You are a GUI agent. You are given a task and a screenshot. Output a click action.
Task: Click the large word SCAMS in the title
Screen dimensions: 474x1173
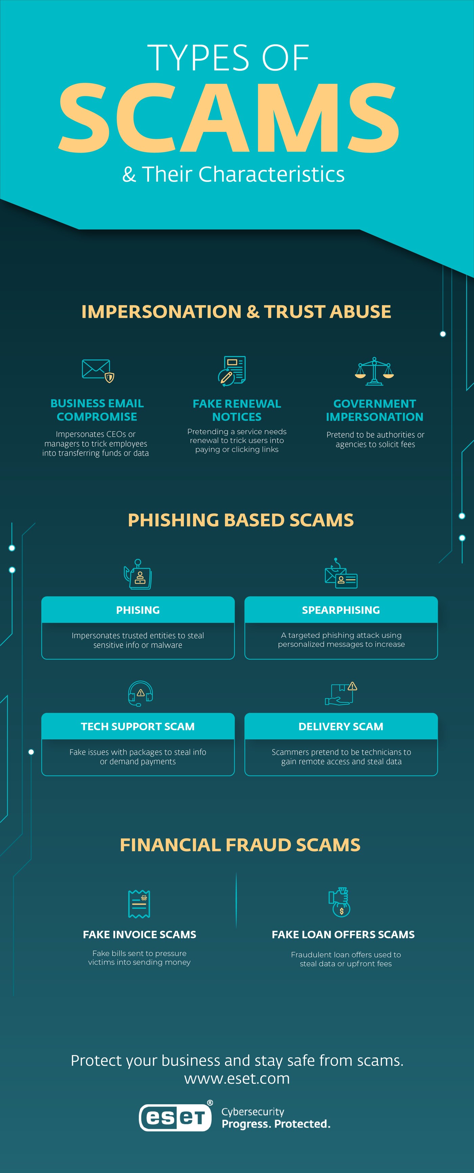pyautogui.click(x=229, y=118)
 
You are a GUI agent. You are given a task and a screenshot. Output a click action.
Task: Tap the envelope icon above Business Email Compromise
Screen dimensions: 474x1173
pyautogui.click(x=98, y=370)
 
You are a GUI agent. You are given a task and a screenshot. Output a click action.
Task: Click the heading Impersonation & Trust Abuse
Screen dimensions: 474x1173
pyautogui.click(x=236, y=312)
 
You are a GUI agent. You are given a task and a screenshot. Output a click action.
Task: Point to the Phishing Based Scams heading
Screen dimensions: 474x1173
pyautogui.click(x=241, y=520)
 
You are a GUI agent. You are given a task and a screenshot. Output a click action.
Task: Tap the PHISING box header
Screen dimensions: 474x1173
pyautogui.click(x=138, y=610)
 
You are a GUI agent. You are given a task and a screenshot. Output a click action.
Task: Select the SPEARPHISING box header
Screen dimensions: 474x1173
pyautogui.click(x=341, y=610)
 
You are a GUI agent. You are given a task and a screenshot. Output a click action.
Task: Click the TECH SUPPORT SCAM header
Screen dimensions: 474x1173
pyautogui.click(x=138, y=726)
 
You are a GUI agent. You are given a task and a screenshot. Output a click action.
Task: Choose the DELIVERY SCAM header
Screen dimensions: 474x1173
pyautogui.click(x=341, y=726)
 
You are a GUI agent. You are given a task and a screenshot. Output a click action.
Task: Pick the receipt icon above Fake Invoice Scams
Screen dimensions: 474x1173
pyautogui.click(x=139, y=904)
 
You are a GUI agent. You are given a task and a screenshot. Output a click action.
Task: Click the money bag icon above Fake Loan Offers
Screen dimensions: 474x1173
pyautogui.click(x=340, y=902)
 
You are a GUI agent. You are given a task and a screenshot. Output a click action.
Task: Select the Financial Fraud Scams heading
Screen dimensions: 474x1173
pyautogui.click(x=240, y=845)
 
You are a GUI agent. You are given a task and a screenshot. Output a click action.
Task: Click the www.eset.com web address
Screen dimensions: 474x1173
pyautogui.click(x=237, y=1078)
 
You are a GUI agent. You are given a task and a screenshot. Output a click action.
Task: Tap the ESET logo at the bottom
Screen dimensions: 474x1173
pyautogui.click(x=175, y=1118)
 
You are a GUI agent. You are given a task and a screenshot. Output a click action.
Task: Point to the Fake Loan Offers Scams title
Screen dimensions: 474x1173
pyautogui.click(x=343, y=934)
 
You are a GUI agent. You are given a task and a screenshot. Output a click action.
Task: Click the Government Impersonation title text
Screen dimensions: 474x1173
pyautogui.click(x=375, y=410)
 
